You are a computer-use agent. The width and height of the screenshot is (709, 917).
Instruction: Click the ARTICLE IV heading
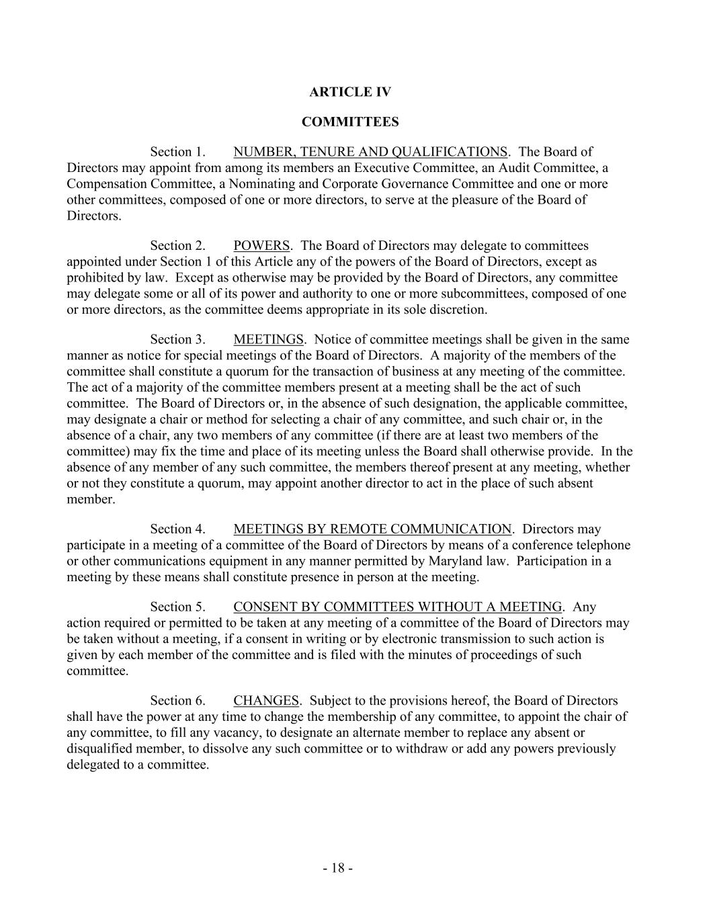[349, 92]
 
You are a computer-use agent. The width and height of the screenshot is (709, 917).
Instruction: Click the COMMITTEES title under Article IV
[349, 122]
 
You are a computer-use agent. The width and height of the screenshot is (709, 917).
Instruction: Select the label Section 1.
[177, 152]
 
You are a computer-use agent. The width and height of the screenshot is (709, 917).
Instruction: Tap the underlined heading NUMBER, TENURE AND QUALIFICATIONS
[370, 152]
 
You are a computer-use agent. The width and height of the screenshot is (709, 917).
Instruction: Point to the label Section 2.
[177, 246]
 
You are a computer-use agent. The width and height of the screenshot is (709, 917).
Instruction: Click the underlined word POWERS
[262, 246]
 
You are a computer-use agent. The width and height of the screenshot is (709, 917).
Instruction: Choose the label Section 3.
[177, 340]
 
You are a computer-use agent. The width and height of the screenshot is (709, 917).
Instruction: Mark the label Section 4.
[177, 529]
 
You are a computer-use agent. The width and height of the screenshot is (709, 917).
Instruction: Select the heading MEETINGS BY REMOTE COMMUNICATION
[372, 529]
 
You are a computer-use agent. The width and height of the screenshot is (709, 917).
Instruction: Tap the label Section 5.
[177, 607]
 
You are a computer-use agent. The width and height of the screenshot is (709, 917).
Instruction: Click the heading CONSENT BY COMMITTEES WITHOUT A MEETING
[398, 607]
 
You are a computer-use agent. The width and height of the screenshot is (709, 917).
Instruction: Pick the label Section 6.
[177, 701]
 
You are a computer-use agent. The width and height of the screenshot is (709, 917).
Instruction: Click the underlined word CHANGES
[266, 701]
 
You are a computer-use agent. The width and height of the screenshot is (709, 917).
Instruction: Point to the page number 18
[338, 869]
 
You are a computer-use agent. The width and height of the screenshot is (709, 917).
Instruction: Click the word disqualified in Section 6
[99, 749]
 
